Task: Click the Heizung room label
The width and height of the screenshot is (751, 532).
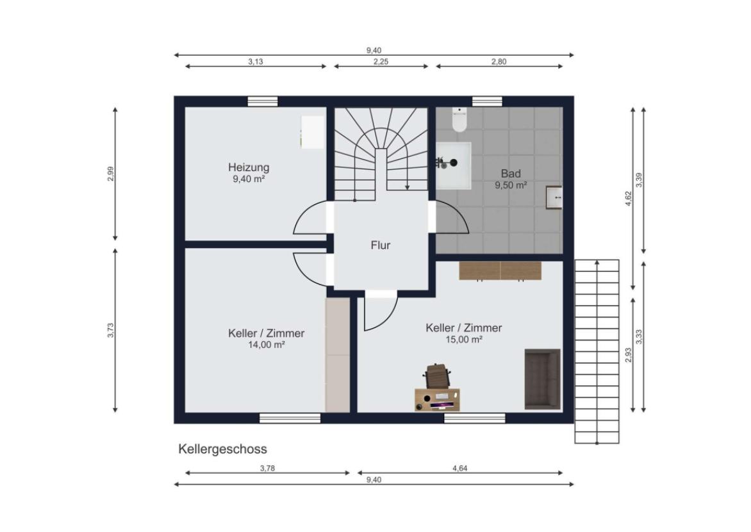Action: (249, 167)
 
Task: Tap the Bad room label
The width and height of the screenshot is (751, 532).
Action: (511, 174)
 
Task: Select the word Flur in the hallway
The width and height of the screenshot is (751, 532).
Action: (381, 245)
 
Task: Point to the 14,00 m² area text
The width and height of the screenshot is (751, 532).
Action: (267, 345)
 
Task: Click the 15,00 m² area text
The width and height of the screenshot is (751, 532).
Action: (464, 339)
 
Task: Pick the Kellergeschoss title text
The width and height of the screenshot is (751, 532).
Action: (223, 449)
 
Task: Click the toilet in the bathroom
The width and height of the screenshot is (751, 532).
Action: (459, 119)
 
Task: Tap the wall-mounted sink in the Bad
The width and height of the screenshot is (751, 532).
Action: (554, 197)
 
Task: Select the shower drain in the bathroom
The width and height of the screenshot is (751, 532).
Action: (453, 163)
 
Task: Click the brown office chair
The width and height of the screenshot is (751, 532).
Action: (437, 375)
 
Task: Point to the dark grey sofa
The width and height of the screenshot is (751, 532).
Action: (543, 379)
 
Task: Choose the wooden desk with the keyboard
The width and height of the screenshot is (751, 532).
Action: (437, 400)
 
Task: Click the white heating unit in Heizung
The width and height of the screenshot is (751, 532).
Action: (312, 132)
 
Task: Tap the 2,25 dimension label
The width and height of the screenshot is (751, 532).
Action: (381, 62)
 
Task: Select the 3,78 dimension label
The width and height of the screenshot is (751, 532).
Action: (267, 469)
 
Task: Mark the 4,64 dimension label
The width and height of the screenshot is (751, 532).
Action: (460, 469)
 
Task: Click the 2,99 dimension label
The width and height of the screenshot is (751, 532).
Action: (111, 174)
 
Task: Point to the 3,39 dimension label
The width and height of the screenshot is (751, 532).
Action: (639, 179)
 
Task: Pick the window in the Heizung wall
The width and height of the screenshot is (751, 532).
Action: (263, 101)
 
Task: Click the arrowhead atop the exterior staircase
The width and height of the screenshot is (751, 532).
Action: (597, 262)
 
